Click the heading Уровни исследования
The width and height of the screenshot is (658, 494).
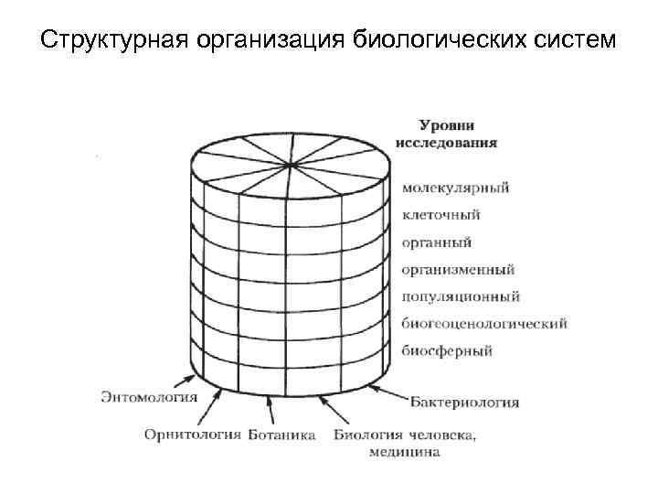pos(446,134)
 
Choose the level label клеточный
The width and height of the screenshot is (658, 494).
pos(440,216)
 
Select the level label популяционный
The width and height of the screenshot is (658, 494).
pos(461,296)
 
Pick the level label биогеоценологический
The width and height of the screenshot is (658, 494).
pos(484,324)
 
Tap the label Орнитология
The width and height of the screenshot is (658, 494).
pos(193,434)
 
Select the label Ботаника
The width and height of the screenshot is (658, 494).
pos(281,434)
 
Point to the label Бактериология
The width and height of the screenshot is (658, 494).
pos(464,402)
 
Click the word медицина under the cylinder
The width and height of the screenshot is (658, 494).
pos(405,451)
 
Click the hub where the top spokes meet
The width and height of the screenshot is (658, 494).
pos(292,165)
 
